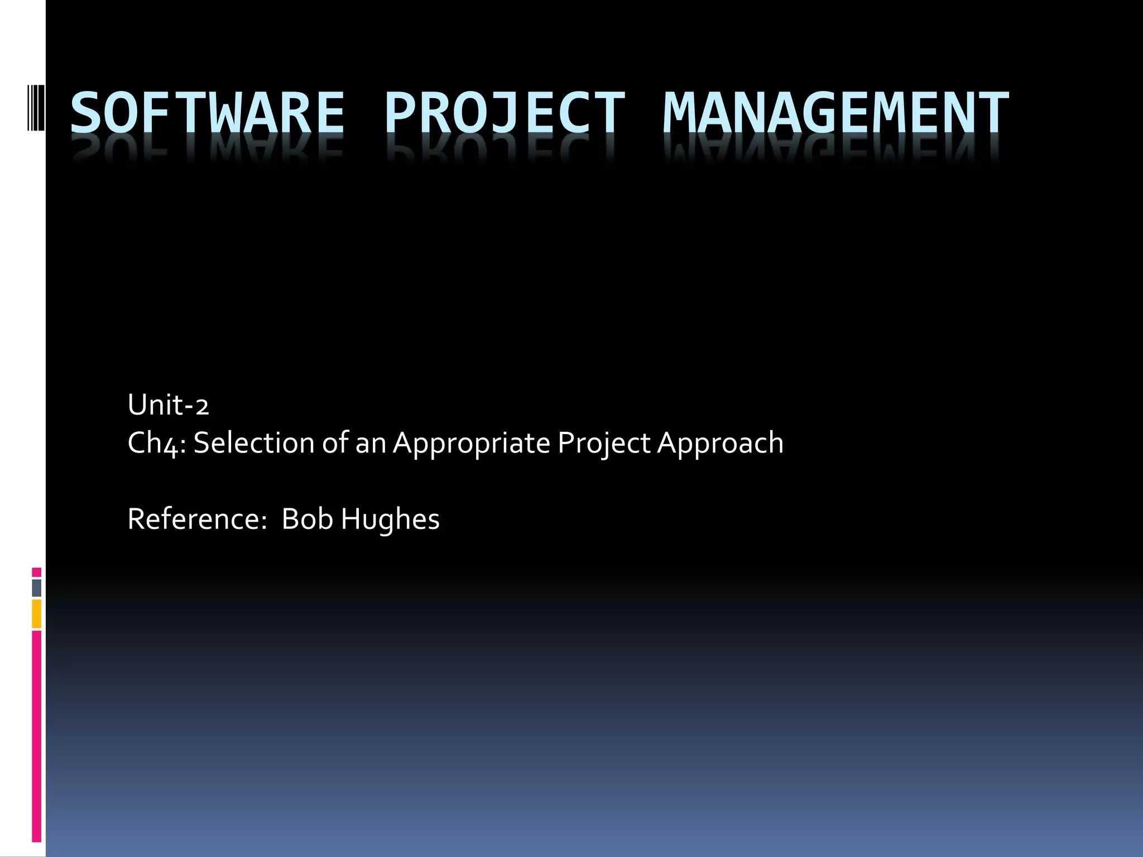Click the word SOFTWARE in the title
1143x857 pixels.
pos(208,113)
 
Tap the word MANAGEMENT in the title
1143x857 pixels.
pos(835,113)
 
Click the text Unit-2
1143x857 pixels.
pos(168,405)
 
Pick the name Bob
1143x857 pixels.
pos(307,519)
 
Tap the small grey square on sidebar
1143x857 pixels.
pos(37,588)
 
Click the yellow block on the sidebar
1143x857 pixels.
pos(37,614)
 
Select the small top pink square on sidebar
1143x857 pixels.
pos(37,572)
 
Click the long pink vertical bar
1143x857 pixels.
pos(37,736)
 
